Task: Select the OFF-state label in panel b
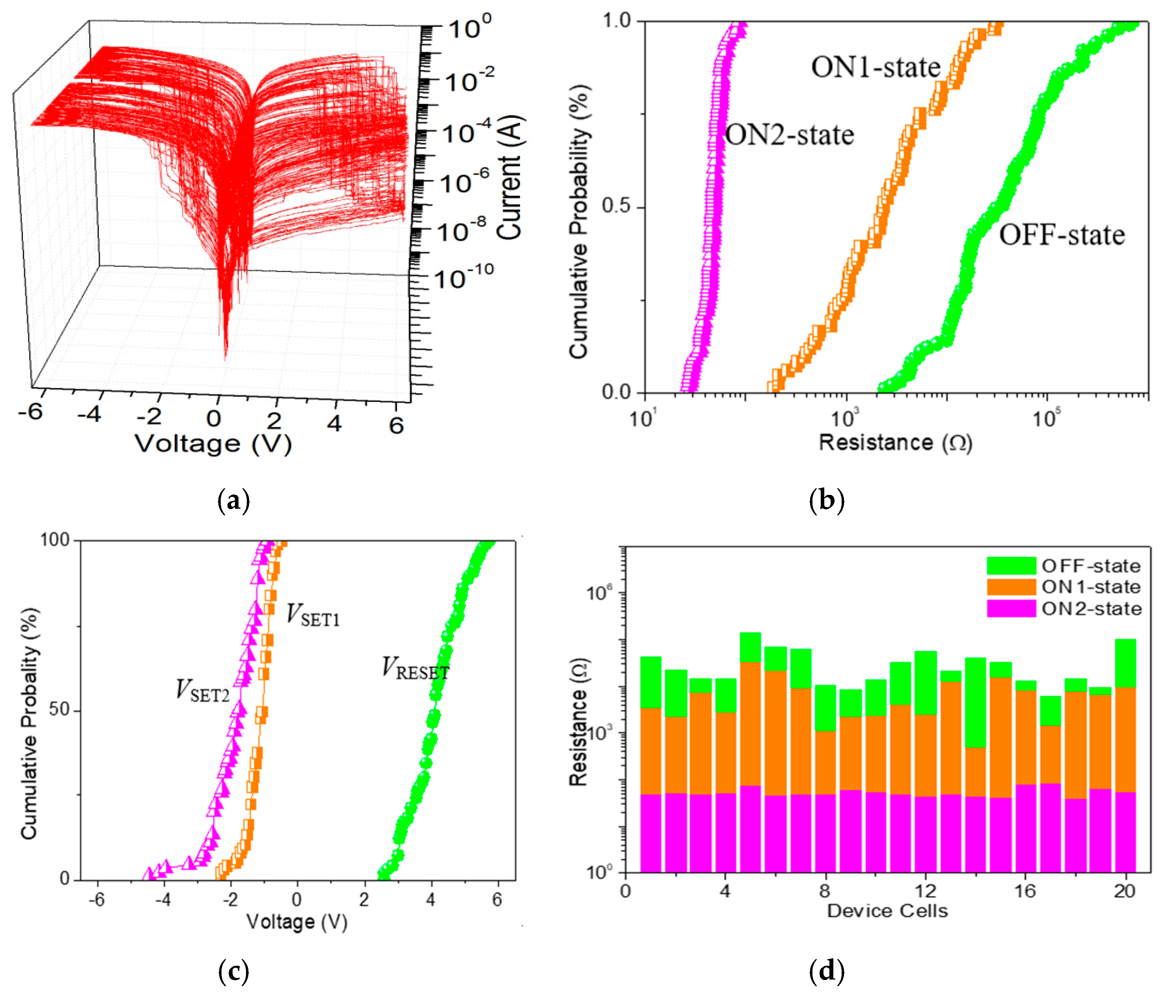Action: point(1062,235)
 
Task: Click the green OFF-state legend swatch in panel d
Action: point(1011,565)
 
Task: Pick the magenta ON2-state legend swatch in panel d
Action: point(1011,608)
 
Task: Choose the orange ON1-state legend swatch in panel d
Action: point(1011,587)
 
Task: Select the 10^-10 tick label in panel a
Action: point(464,277)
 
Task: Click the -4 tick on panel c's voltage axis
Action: point(163,899)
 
